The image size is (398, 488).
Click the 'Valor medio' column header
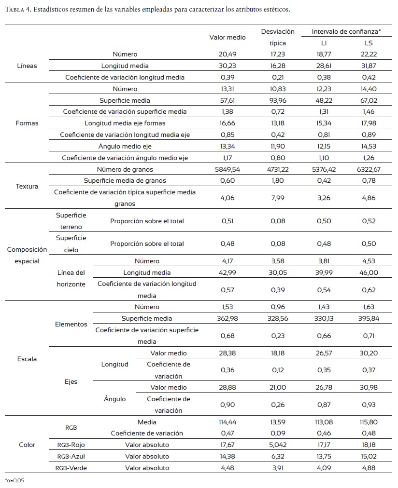227,37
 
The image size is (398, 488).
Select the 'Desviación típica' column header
278,37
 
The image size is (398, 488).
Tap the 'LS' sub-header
368,43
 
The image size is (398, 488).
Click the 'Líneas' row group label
27,66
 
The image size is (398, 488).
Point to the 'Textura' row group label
27,186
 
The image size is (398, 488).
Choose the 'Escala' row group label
27,359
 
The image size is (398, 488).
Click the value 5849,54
227,169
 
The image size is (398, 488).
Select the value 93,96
278,100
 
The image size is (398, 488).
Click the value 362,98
227,319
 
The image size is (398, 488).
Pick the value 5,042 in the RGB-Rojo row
278,445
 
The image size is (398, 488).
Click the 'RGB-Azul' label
71,456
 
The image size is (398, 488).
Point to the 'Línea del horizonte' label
71,279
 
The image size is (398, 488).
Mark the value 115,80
368,422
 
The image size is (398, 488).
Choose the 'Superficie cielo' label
71,244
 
